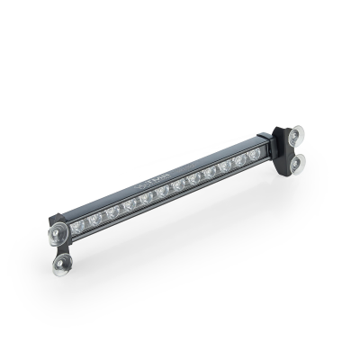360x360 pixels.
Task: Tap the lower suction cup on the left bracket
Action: pos(64,264)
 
